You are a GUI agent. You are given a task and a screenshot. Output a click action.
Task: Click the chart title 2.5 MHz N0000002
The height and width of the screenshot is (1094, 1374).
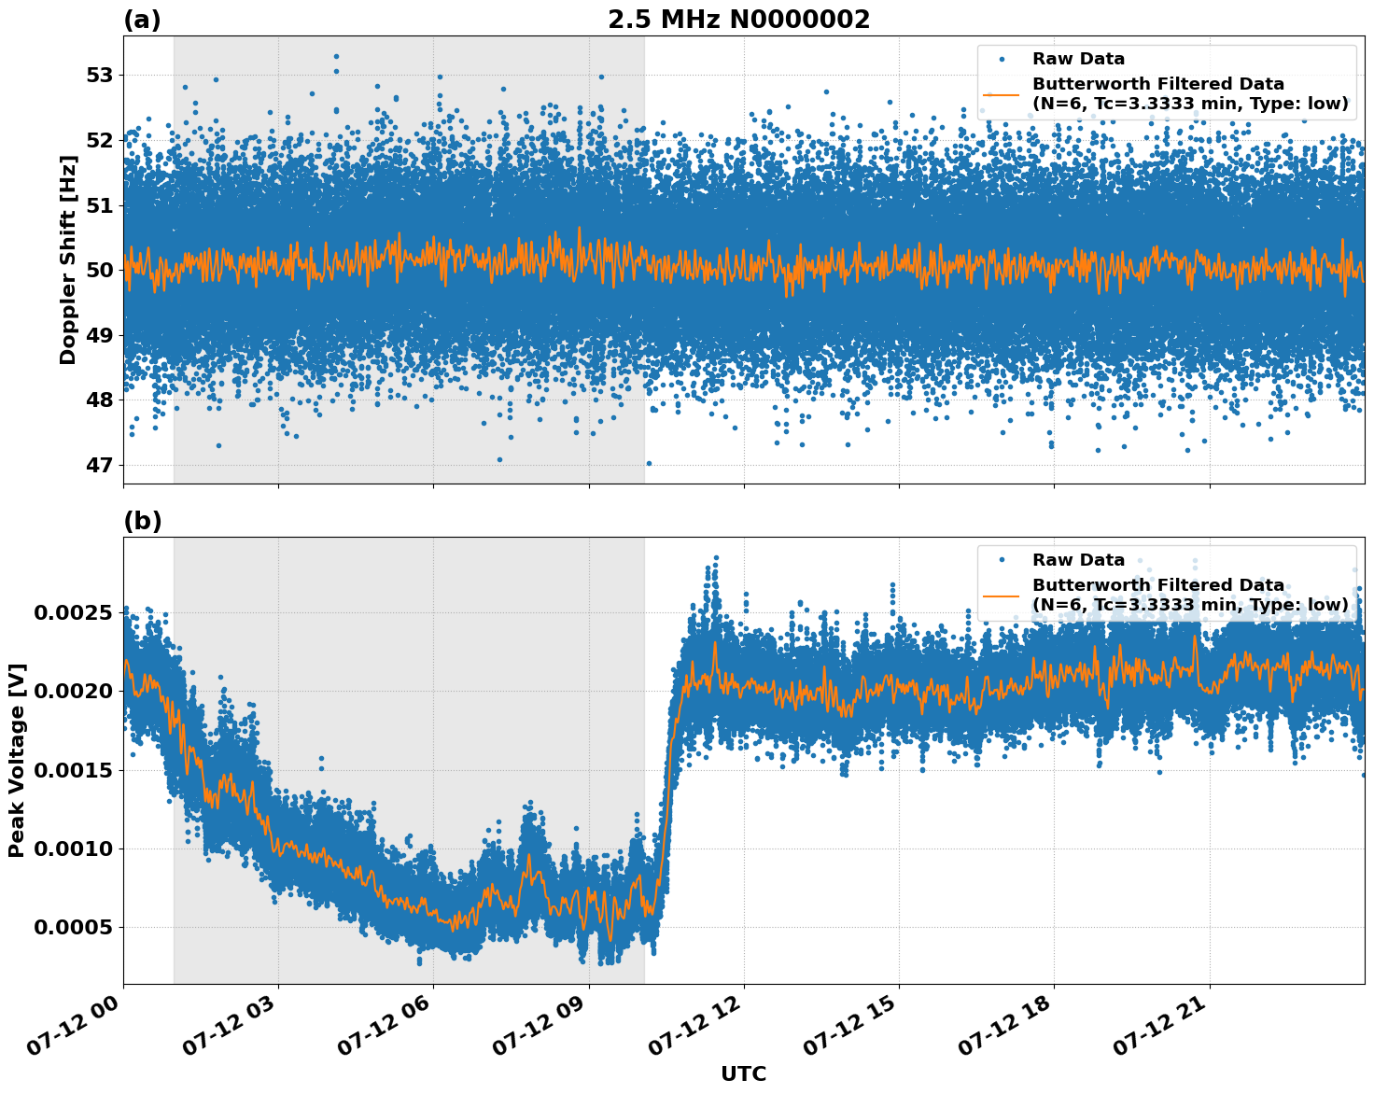pos(738,20)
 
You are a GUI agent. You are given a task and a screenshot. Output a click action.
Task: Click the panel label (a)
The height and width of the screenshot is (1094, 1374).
pos(142,20)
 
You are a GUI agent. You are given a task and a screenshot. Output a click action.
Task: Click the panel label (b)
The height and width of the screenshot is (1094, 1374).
pos(142,521)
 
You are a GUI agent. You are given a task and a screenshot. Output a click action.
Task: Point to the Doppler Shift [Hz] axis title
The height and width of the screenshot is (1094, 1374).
pos(68,259)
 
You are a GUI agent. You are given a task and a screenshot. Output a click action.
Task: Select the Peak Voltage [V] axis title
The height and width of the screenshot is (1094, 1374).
pos(17,760)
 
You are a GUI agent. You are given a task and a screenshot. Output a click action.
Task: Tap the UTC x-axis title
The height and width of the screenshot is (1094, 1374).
pos(743,1073)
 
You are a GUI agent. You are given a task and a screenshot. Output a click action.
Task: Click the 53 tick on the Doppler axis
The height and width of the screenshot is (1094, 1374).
pos(99,75)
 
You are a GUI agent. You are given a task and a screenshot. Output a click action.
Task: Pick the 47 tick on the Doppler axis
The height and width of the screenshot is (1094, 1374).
pos(99,465)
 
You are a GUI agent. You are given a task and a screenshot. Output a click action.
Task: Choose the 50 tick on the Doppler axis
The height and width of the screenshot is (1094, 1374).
pos(99,270)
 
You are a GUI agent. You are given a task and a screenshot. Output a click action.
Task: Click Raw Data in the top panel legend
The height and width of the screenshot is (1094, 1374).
pos(1078,59)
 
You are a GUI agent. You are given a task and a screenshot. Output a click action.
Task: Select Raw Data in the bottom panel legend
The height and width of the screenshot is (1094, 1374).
pos(1078,560)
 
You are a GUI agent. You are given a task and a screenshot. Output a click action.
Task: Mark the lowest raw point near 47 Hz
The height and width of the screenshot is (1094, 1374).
pos(649,463)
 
